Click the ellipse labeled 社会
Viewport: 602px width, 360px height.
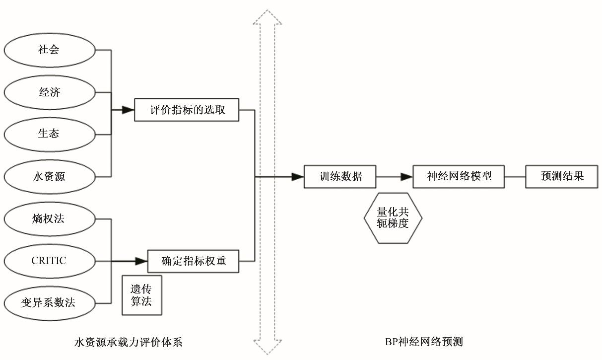click(x=49, y=50)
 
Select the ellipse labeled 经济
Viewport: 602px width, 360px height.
click(x=49, y=92)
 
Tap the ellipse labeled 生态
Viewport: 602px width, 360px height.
click(x=49, y=134)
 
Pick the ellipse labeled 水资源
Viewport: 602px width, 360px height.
click(x=49, y=176)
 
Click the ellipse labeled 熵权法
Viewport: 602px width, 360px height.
click(x=49, y=218)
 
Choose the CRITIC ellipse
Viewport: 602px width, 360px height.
click(x=49, y=261)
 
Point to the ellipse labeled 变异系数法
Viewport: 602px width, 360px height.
click(x=49, y=302)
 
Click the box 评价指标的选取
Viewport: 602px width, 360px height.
click(x=187, y=110)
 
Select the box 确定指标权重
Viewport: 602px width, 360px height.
click(x=194, y=261)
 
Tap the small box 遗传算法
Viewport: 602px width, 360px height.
click(x=142, y=295)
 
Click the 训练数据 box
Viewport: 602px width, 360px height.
click(x=340, y=176)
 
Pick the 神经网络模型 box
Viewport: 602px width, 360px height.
click(x=459, y=176)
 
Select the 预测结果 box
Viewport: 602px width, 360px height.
click(x=561, y=176)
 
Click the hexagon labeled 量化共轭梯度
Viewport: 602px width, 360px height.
click(x=393, y=218)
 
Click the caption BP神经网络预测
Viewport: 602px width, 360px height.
click(x=424, y=342)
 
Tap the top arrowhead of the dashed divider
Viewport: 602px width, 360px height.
click(x=268, y=18)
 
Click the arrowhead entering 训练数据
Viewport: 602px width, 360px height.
click(x=297, y=176)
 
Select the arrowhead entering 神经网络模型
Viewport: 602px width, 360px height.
click(x=407, y=176)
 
